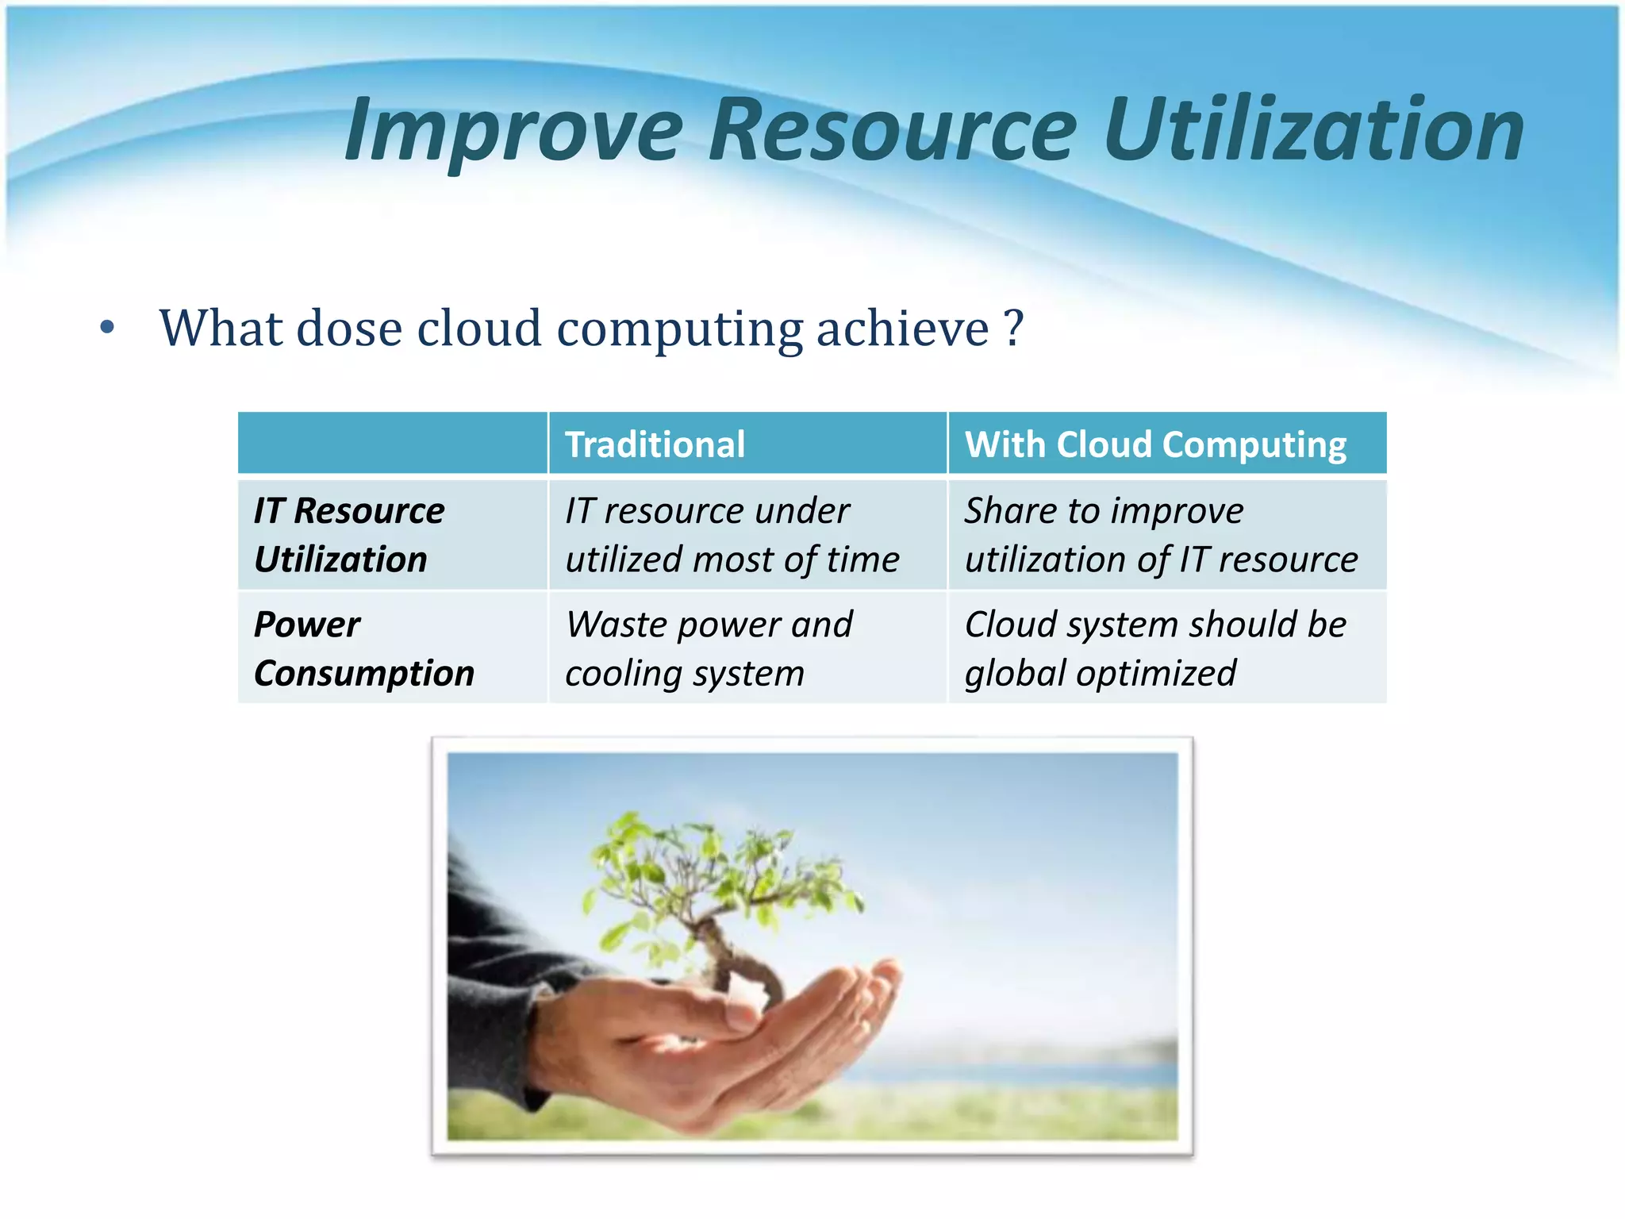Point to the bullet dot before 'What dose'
107,328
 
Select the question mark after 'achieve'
1013,328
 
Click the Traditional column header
655,444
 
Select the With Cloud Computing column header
1155,444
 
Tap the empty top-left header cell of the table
393,443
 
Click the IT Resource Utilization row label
349,535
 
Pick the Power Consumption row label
363,648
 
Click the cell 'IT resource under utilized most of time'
732,535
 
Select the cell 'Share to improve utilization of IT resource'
1160,535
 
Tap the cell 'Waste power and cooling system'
709,648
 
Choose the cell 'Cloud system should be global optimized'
1154,648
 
